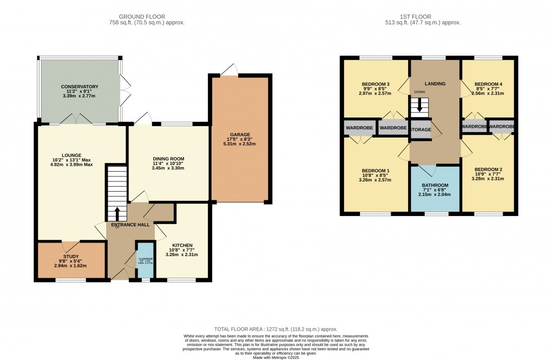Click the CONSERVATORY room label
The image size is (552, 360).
[80, 87]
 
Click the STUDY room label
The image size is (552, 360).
[71, 257]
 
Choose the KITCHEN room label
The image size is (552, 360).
[183, 245]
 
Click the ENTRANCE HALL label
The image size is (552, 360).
[130, 225]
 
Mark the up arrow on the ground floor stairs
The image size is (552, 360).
[117, 211]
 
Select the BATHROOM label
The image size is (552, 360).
[436, 185]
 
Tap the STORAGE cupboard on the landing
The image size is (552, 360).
[420, 130]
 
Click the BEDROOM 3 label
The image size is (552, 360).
[375, 84]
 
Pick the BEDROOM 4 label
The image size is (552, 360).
[488, 84]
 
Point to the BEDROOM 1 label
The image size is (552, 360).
[375, 171]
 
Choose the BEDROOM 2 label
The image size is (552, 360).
[488, 169]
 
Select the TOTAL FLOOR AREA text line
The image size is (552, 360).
[276, 329]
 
